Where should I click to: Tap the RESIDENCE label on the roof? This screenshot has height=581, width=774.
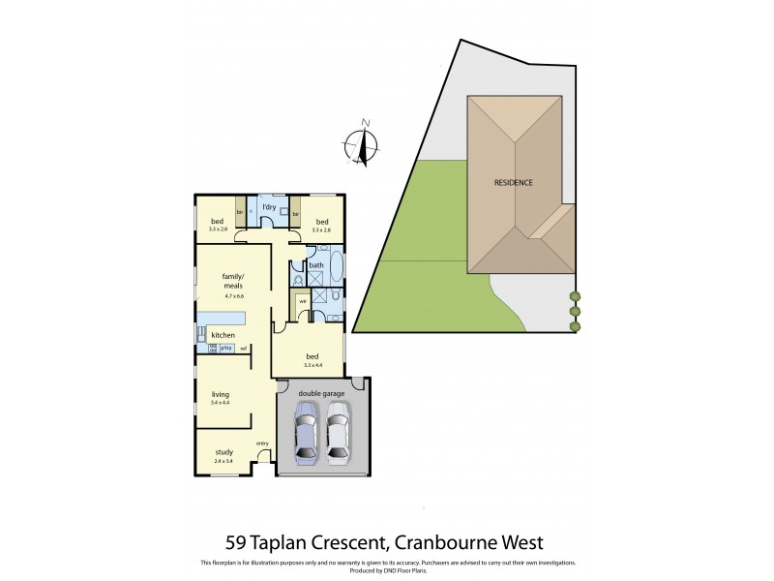tap(513, 182)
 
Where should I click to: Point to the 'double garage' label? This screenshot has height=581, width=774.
tap(321, 392)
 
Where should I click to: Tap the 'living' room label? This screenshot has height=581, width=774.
tap(221, 394)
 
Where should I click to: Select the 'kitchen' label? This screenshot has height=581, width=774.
tap(223, 335)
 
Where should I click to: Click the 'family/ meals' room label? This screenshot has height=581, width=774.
tap(233, 281)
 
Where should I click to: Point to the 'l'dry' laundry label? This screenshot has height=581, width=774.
tap(270, 208)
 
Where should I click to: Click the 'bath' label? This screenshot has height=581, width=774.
tap(316, 264)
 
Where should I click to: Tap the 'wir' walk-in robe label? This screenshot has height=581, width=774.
tap(303, 301)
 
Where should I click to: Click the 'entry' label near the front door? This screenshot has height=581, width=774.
tap(262, 443)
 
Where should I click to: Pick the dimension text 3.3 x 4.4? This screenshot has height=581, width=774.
tap(313, 365)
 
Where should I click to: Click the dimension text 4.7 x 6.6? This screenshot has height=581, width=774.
tap(233, 296)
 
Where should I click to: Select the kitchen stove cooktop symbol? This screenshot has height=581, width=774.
tap(212, 348)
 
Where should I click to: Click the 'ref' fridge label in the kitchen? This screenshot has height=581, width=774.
tap(244, 348)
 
